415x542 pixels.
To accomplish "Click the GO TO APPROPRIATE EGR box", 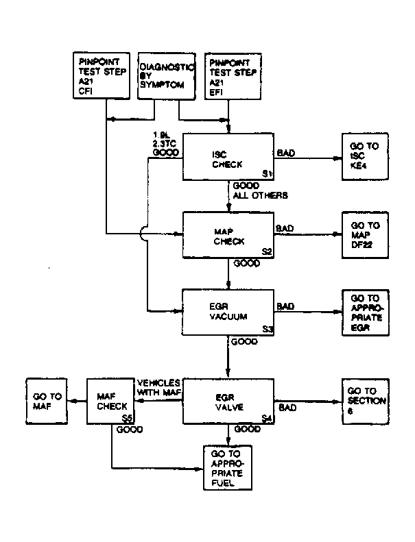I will pos(365,312).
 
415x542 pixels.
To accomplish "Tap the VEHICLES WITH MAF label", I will pos(158,386).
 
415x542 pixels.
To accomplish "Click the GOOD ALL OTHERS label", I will pos(259,190).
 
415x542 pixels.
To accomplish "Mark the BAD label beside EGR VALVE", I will pos(288,408).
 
